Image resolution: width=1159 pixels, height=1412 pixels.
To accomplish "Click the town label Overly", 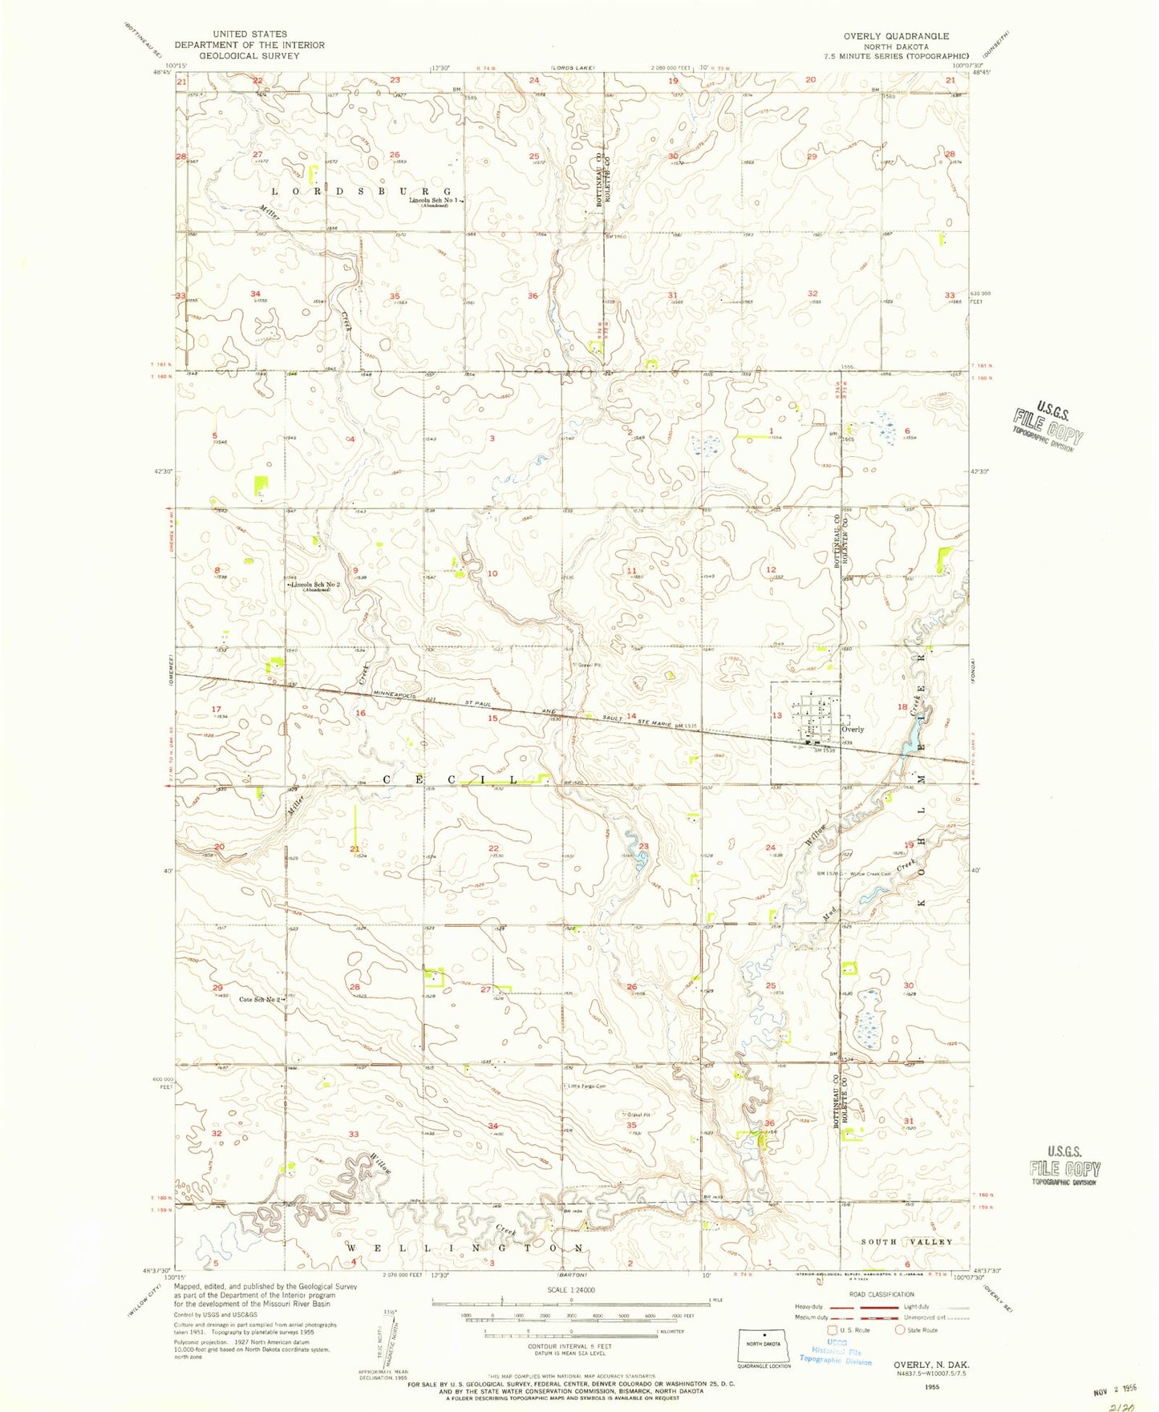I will point(852,729).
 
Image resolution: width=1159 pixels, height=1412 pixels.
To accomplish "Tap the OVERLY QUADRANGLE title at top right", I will point(895,36).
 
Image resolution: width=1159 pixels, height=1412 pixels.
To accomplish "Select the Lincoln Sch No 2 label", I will point(316,585).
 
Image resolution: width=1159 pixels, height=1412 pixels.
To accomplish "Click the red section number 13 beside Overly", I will point(776,715).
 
